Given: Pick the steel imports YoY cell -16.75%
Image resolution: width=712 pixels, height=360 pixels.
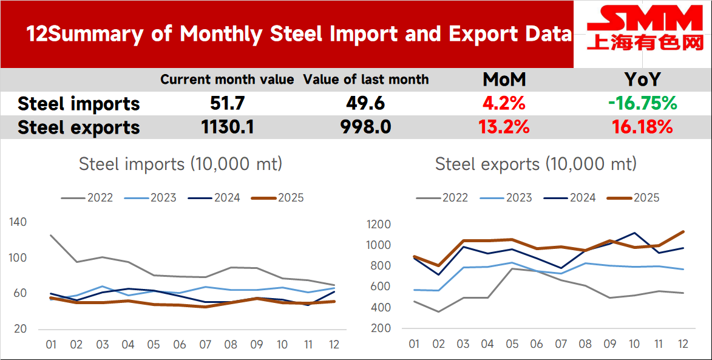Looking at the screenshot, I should pyautogui.click(x=642, y=104).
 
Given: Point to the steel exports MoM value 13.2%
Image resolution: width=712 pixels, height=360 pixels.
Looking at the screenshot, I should pyautogui.click(x=504, y=127).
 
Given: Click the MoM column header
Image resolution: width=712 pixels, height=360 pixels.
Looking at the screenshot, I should pyautogui.click(x=504, y=80).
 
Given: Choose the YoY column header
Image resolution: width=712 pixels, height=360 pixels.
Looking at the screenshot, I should pyautogui.click(x=642, y=80).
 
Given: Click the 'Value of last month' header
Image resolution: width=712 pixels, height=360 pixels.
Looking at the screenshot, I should pyautogui.click(x=366, y=80).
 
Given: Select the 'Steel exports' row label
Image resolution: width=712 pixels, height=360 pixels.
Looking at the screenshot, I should pyautogui.click(x=79, y=127).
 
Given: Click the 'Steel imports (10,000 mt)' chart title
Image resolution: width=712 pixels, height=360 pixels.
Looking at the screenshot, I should pyautogui.click(x=180, y=164).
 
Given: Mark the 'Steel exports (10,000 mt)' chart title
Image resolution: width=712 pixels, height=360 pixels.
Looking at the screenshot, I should pyautogui.click(x=536, y=164).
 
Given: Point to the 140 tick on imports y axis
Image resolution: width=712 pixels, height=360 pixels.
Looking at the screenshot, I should pyautogui.click(x=18, y=222).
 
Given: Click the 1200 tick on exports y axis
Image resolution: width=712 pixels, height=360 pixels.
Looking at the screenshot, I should pyautogui.click(x=379, y=225).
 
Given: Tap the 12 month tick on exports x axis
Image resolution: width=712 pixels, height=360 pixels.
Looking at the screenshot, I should pyautogui.click(x=683, y=344).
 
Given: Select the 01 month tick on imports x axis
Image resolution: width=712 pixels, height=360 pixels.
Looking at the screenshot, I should pyautogui.click(x=51, y=345).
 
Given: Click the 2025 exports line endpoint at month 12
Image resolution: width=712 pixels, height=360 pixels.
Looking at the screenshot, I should pyautogui.click(x=683, y=231).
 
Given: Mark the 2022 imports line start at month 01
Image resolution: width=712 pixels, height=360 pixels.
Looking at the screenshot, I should pyautogui.click(x=51, y=235).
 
